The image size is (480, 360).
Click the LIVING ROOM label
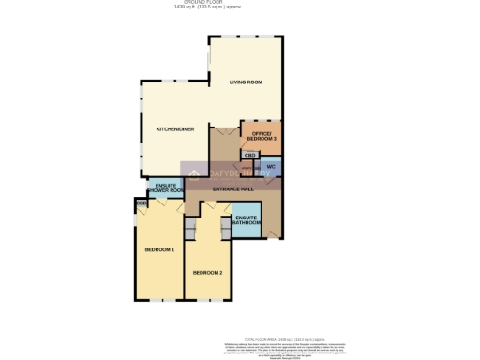[246, 82]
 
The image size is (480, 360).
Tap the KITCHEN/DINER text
[175, 128]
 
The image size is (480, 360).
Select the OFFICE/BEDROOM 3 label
[262, 136]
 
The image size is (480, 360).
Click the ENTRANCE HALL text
[233, 189]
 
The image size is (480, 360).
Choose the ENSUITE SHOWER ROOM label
[166, 188]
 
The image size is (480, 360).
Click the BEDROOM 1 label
[159, 249]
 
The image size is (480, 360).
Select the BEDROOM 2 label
[207, 272]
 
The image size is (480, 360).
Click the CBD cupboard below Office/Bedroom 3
[250, 155]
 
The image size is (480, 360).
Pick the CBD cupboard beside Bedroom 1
[141, 202]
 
